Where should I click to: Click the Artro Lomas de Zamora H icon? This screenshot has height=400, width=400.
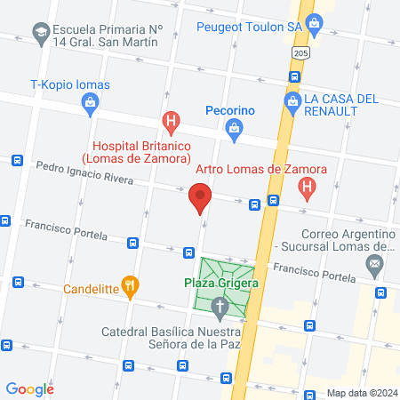[307, 188]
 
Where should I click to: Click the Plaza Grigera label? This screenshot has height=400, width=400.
[221, 283]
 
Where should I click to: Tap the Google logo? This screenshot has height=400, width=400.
[30, 388]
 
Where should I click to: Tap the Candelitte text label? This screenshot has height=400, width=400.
[92, 289]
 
